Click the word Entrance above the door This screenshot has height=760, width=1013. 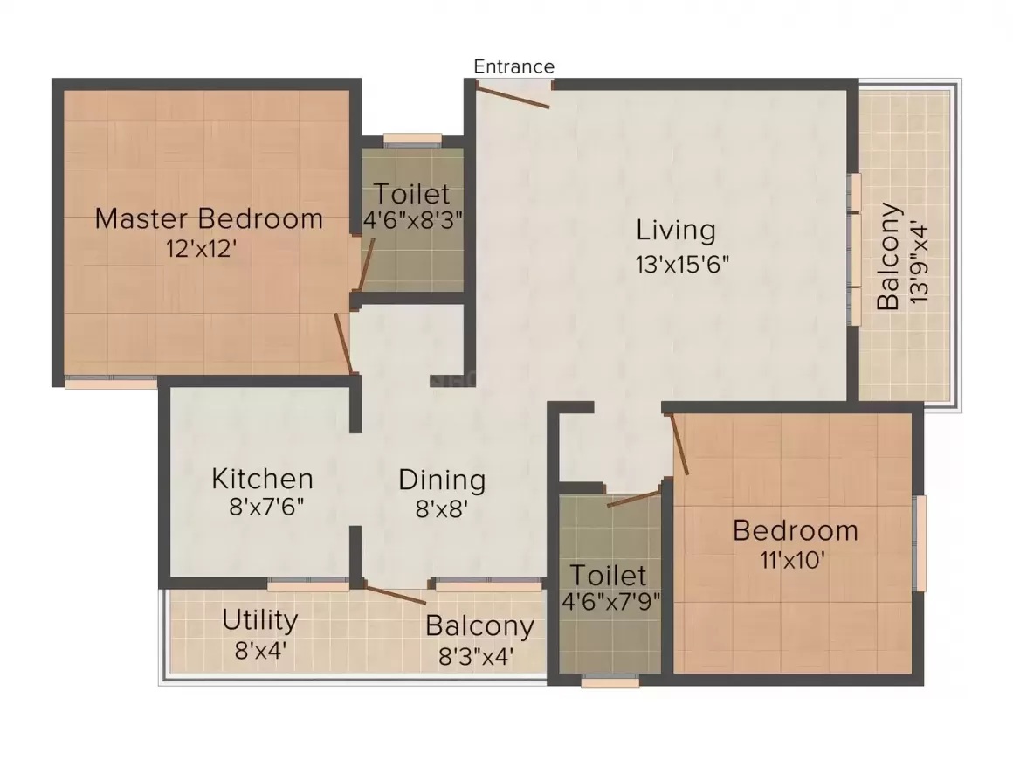pos(513,66)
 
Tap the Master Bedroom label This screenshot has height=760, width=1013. pos(209,218)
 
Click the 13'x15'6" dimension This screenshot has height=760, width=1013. pos(682,265)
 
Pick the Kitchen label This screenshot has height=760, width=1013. pos(262,479)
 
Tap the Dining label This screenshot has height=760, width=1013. pos(442,480)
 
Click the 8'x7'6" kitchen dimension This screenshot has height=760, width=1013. pos(266,508)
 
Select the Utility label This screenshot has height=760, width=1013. pos(259,620)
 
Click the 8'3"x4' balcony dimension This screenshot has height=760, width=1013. pos(476,657)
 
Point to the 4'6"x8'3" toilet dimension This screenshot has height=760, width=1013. pos(413,220)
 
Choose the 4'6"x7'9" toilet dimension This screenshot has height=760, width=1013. pos(610,602)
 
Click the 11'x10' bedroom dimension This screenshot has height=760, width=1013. pos(793,560)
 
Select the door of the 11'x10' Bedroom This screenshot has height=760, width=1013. pos(679,444)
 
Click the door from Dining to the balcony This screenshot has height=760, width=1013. pos(395,595)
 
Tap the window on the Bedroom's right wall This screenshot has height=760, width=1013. pos(919,543)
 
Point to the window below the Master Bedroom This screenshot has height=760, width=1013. pos(111,383)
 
